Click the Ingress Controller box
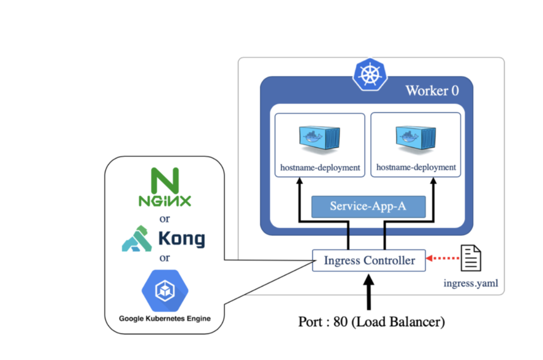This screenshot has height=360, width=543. [369, 260]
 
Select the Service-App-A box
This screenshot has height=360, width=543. [368, 206]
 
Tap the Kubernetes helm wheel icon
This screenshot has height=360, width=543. [370, 75]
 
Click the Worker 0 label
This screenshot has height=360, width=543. [432, 91]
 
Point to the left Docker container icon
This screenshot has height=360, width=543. [320, 140]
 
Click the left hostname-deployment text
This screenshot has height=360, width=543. [320, 168]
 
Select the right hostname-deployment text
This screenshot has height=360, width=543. [416, 167]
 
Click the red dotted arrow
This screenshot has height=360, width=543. [443, 258]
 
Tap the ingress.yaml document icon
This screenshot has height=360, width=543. [471, 258]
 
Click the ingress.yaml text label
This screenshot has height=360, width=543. [471, 283]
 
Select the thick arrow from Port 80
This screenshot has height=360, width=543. [369, 292]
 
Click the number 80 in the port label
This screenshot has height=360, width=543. [340, 321]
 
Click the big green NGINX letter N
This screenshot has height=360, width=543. [165, 180]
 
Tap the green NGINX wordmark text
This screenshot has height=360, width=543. [165, 201]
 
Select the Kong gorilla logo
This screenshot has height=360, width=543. [137, 239]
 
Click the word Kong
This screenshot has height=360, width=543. [182, 239]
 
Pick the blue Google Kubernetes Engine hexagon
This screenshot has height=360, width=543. [165, 291]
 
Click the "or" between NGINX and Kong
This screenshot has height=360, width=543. [164, 219]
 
